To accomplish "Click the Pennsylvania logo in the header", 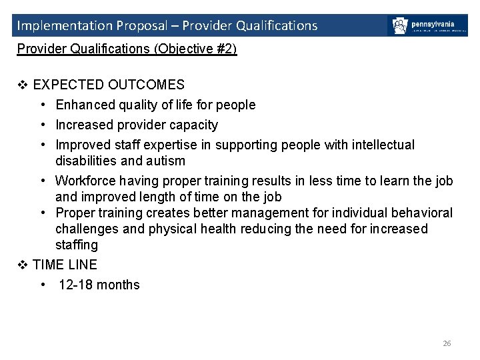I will tap(427, 26).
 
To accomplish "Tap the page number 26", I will tap(447, 343).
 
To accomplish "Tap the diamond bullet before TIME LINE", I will tap(22, 265).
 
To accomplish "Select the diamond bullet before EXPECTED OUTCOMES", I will tap(22, 85).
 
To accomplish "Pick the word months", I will tap(118, 285).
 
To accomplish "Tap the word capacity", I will tap(193, 125).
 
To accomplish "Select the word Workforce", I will tap(86, 181).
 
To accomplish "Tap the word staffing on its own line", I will tap(77, 245).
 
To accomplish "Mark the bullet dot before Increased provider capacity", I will tap(42, 125).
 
